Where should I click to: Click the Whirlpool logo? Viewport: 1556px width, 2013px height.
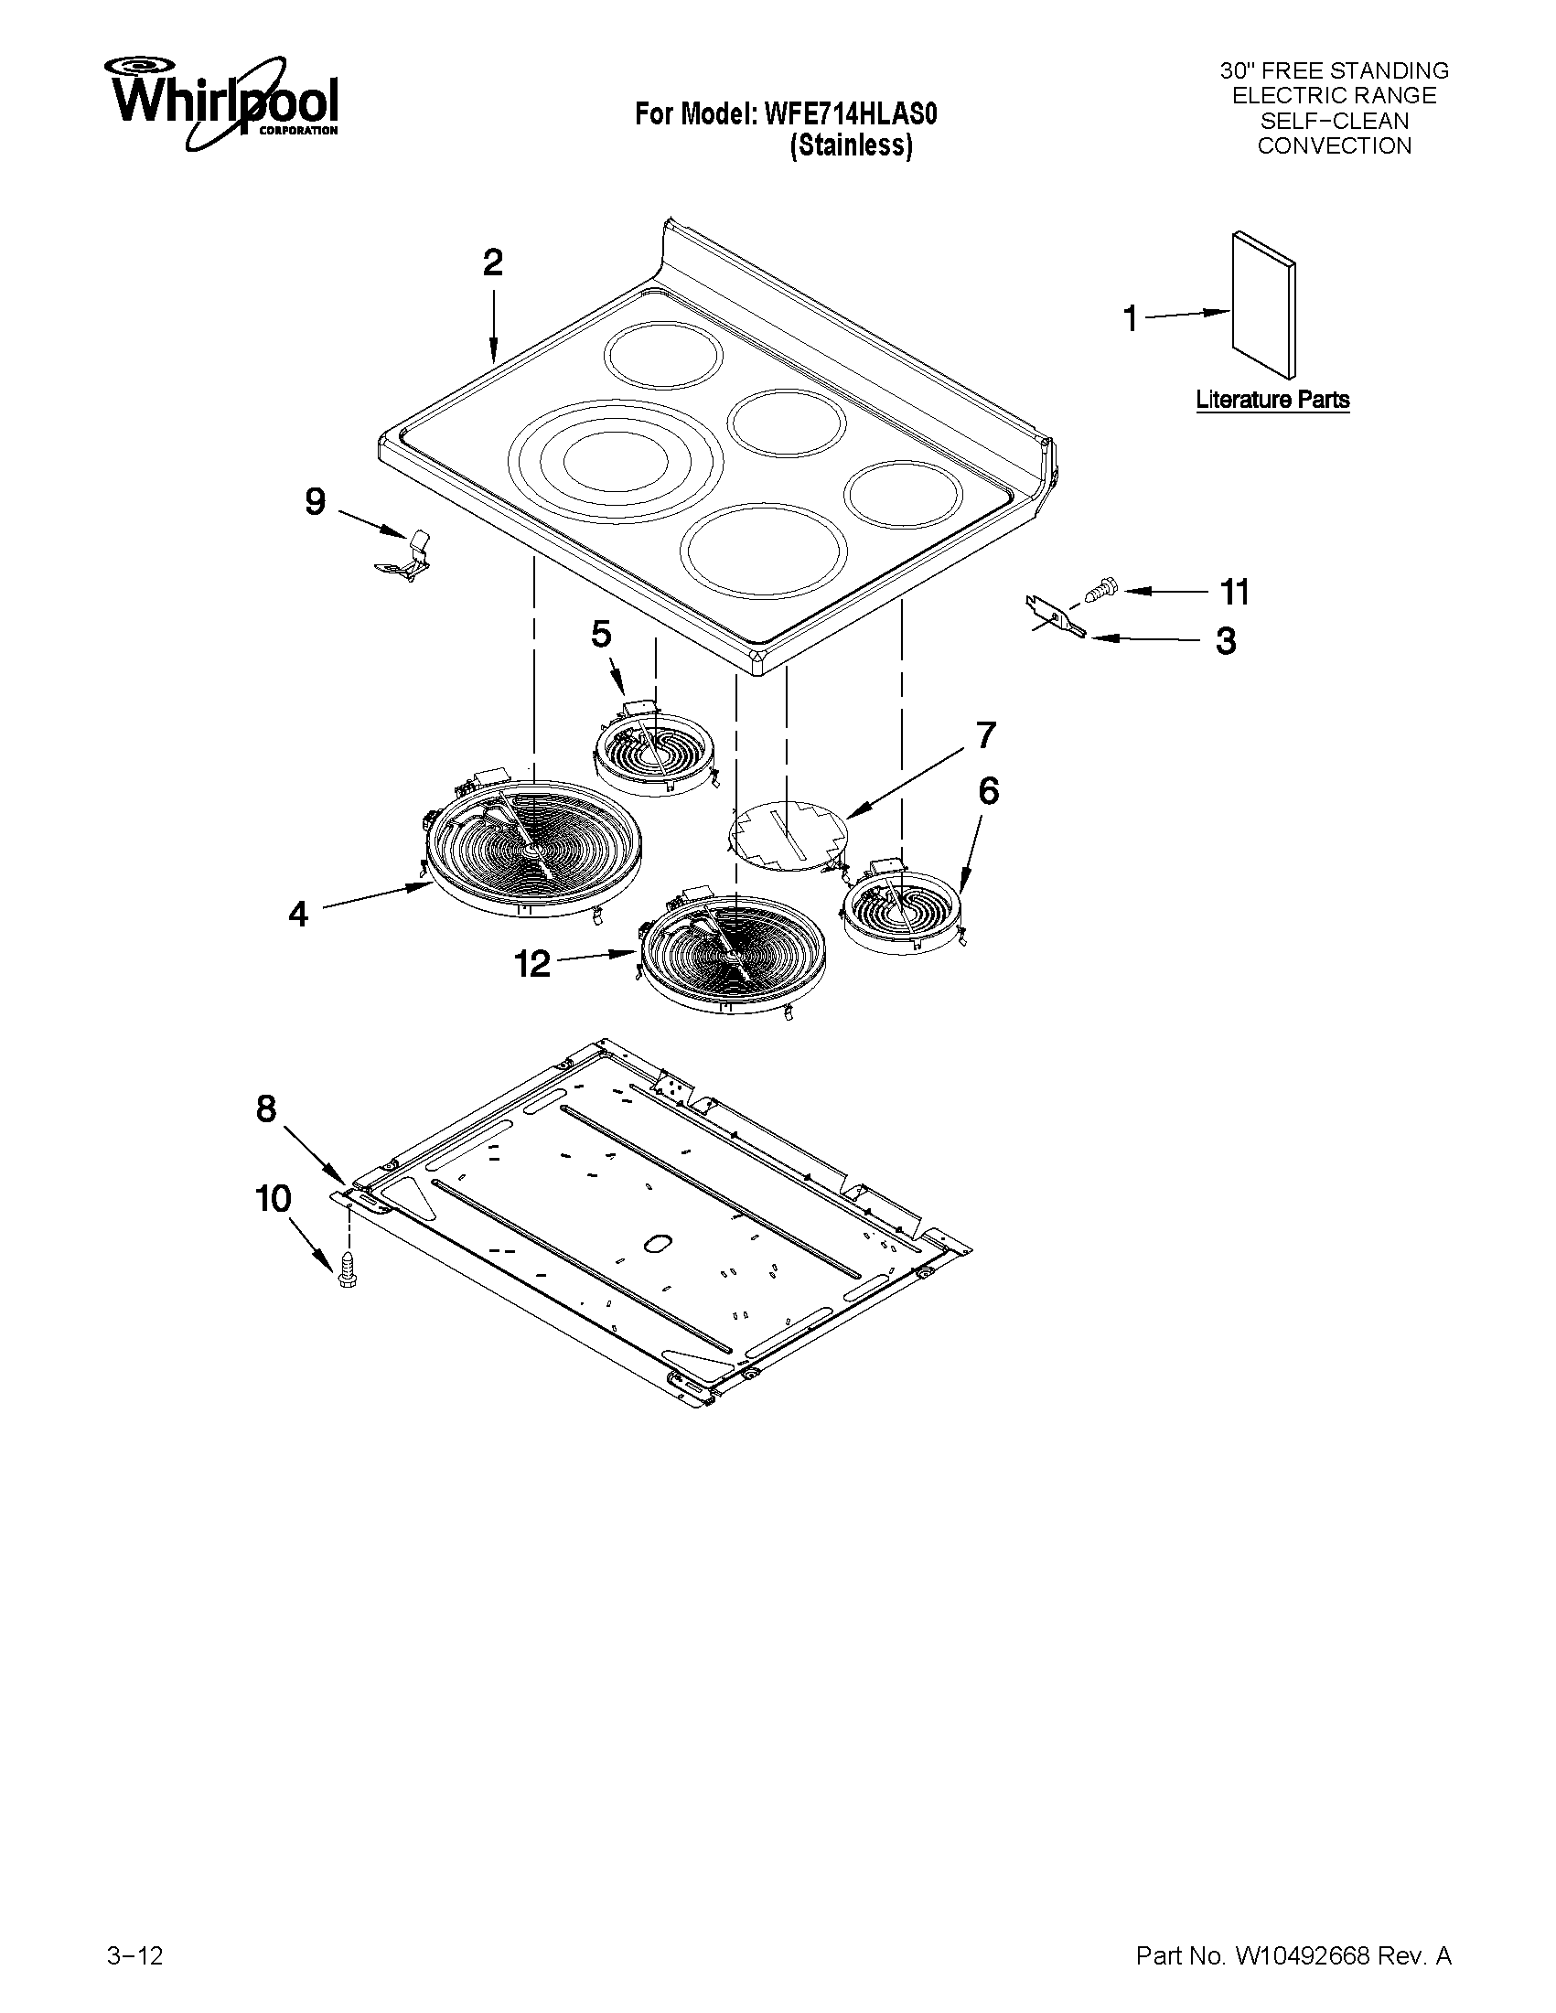(222, 102)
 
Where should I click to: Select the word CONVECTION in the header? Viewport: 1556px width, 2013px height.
(1334, 146)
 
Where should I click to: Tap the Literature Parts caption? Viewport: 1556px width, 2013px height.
(1272, 400)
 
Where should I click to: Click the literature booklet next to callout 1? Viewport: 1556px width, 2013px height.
(1263, 305)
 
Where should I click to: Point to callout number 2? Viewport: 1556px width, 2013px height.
(493, 263)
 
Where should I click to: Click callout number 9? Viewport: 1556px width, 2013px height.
(316, 502)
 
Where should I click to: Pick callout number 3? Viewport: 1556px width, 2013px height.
(1225, 641)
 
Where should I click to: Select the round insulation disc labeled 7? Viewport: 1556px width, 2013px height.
(789, 835)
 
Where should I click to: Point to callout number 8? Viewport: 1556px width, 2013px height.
(265, 1108)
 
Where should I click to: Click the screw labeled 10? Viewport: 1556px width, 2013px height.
(348, 1273)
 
